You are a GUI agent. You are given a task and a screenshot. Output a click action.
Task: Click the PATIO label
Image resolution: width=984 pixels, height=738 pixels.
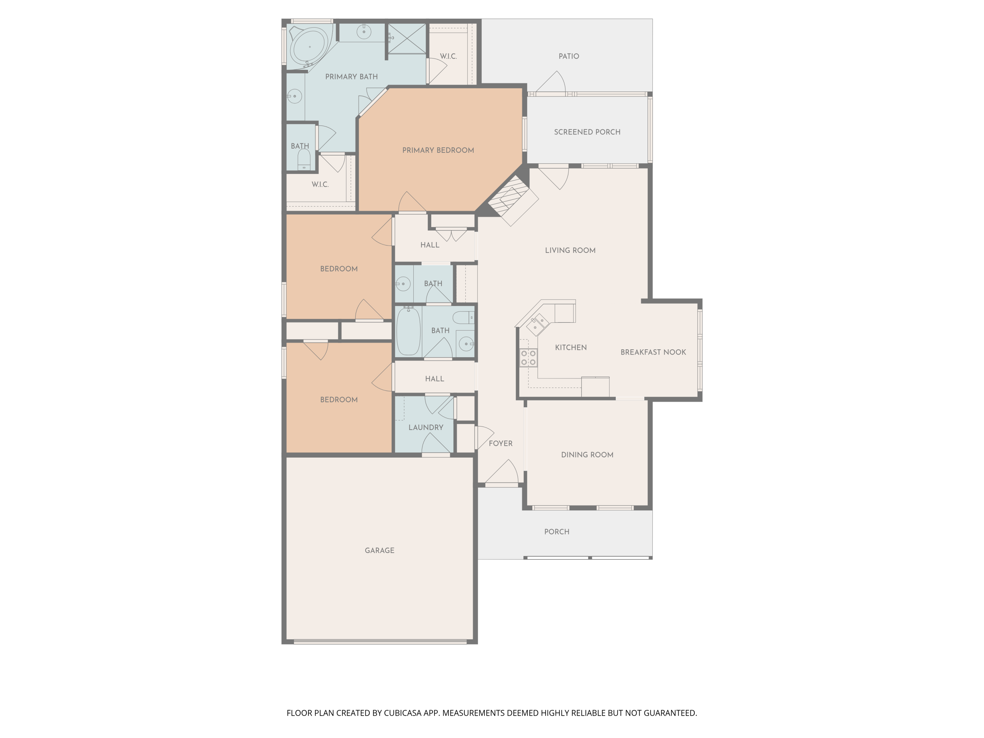point(568,56)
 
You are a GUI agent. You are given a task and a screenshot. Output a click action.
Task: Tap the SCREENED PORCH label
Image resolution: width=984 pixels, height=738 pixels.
point(587,132)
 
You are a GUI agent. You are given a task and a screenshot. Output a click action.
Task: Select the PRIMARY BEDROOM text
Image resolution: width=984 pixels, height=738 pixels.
point(438,150)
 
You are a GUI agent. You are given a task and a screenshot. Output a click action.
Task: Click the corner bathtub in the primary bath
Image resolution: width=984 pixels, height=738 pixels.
point(310,46)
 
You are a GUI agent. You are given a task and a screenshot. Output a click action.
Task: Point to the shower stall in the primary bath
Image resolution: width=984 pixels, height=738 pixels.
point(407,39)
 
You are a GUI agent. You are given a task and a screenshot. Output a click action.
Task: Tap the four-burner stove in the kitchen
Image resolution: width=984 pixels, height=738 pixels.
point(528,358)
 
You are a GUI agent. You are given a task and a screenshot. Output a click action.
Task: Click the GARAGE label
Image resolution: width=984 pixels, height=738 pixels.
point(379,550)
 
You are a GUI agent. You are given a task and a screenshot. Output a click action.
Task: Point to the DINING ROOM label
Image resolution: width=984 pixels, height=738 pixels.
point(587,455)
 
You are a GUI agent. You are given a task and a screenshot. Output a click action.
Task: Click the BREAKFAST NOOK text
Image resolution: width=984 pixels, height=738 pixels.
point(653,352)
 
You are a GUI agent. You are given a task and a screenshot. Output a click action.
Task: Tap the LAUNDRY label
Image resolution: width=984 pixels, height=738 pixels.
point(426,427)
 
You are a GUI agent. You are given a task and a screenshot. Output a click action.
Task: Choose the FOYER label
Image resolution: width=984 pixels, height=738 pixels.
point(501,443)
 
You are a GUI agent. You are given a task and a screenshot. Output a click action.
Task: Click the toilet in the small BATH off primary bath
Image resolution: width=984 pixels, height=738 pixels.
point(304,160)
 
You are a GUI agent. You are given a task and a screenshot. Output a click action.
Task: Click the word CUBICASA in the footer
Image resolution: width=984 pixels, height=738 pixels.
point(402,713)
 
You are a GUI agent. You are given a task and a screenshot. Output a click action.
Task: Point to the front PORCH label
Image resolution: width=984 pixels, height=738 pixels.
point(557,532)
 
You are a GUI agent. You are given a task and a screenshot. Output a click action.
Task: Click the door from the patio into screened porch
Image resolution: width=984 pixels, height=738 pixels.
point(551,84)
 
